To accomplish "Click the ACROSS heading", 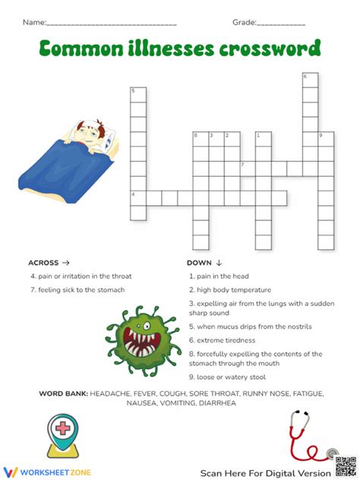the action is point(49,263).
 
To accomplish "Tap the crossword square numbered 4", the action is point(138,197).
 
